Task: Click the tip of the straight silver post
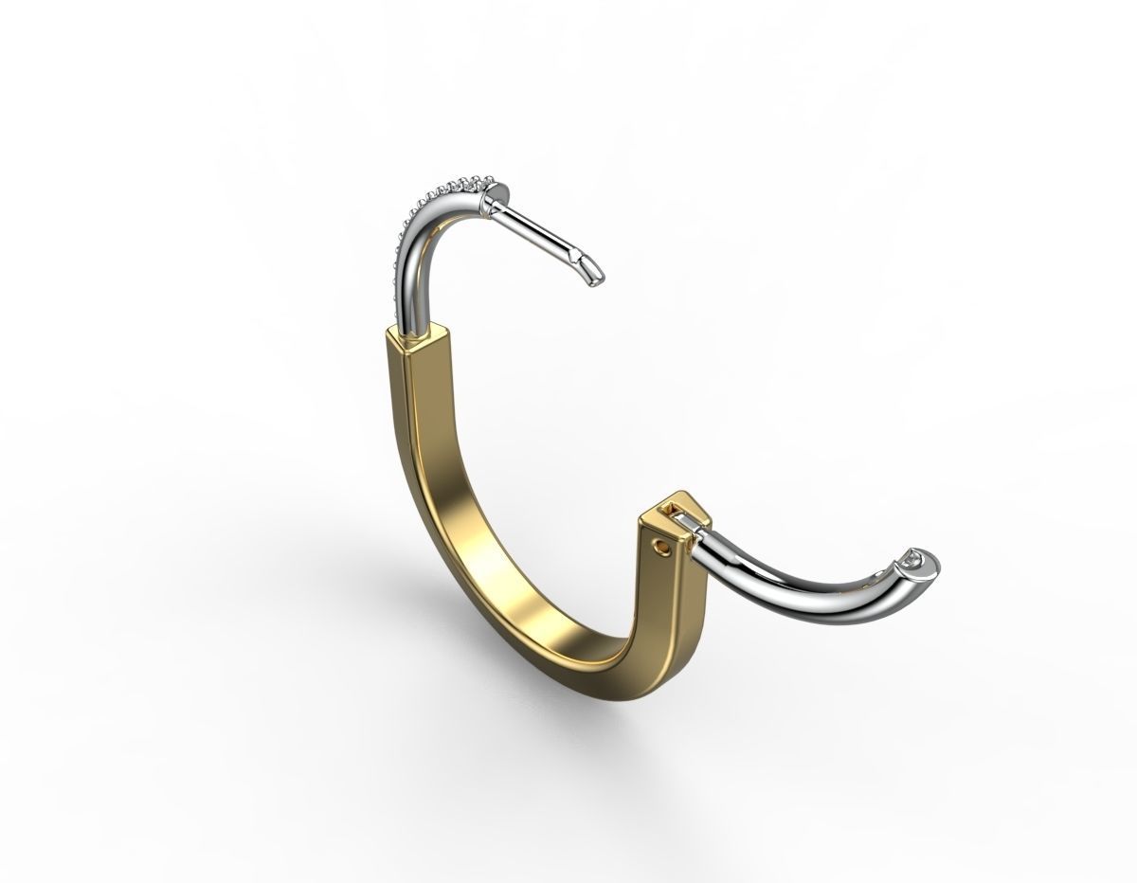point(596,274)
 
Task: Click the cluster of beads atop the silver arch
point(464,179)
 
